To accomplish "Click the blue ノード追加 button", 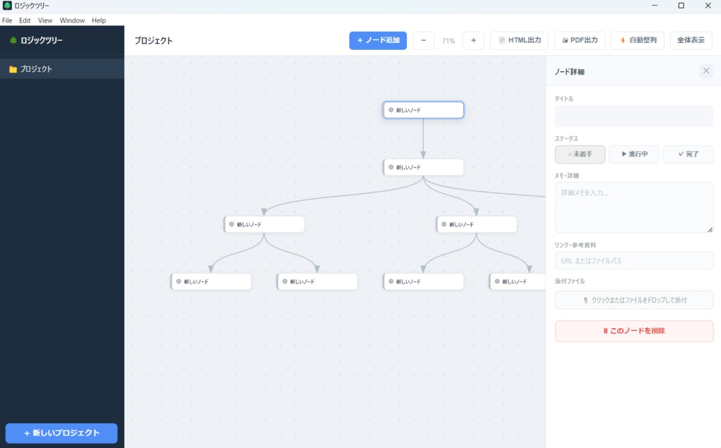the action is tap(378, 40).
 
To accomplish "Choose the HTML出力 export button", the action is tap(520, 40).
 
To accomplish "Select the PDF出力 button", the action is tap(580, 40).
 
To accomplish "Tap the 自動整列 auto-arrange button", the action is tap(638, 40).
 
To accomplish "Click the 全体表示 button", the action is tap(691, 40).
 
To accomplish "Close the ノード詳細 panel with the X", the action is tap(706, 71).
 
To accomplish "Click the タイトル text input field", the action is tap(634, 116).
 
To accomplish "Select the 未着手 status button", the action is tap(580, 154).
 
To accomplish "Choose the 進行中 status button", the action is tap(634, 154).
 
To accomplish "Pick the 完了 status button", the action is tap(689, 154).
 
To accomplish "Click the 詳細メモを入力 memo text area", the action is tap(634, 207).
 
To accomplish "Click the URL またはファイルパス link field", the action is tap(634, 261).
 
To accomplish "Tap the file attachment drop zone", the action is tap(634, 300).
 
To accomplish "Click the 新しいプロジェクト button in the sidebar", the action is tap(62, 433).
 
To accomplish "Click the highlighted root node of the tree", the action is tap(423, 110).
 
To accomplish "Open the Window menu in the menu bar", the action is tap(73, 20).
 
